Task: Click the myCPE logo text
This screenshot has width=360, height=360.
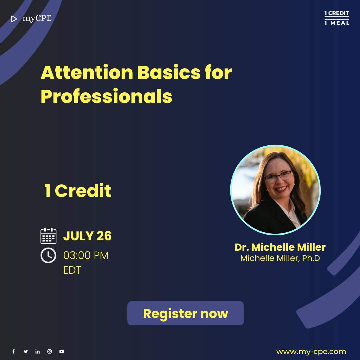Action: (x=37, y=19)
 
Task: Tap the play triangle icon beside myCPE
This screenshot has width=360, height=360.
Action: (x=14, y=19)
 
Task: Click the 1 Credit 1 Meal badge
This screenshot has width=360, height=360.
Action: (x=337, y=18)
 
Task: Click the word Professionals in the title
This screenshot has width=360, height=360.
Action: (x=106, y=96)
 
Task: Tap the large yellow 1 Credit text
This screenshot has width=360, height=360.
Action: (x=78, y=191)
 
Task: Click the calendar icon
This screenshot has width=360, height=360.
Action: (x=48, y=236)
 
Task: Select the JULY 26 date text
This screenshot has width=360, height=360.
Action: (x=87, y=236)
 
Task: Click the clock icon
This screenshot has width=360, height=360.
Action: (x=48, y=256)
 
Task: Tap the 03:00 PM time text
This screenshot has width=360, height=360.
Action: (x=86, y=256)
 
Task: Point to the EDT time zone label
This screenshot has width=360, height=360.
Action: (x=72, y=270)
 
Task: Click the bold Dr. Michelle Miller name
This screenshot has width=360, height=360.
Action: (x=280, y=247)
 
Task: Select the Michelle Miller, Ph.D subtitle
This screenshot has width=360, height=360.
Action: (x=280, y=258)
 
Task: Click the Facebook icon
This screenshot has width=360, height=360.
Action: (x=14, y=351)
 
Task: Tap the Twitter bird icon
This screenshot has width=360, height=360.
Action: (x=26, y=351)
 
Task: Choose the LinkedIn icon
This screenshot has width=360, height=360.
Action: (x=37, y=351)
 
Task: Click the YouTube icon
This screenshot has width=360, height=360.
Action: (x=61, y=351)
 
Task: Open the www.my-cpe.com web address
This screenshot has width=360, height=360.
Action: (x=311, y=351)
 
